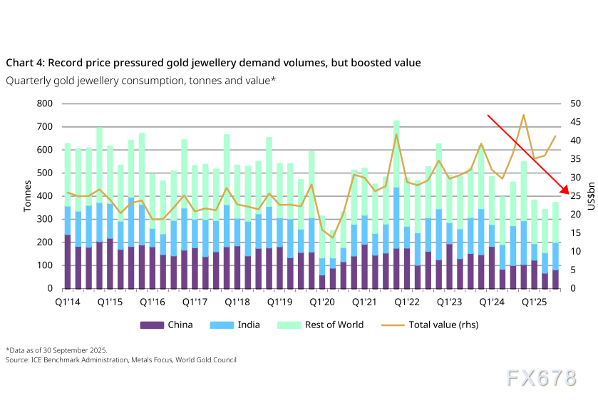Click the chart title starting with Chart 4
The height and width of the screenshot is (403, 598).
213,63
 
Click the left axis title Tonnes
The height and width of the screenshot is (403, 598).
28,196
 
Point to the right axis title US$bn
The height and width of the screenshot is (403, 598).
589,196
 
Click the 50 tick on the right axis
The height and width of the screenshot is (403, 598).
575,104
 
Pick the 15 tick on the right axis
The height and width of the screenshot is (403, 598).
574,233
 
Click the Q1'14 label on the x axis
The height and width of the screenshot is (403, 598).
68,302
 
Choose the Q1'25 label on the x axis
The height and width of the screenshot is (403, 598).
535,302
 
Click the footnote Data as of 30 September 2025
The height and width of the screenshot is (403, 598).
56,350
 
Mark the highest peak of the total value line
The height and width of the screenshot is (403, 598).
524,115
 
